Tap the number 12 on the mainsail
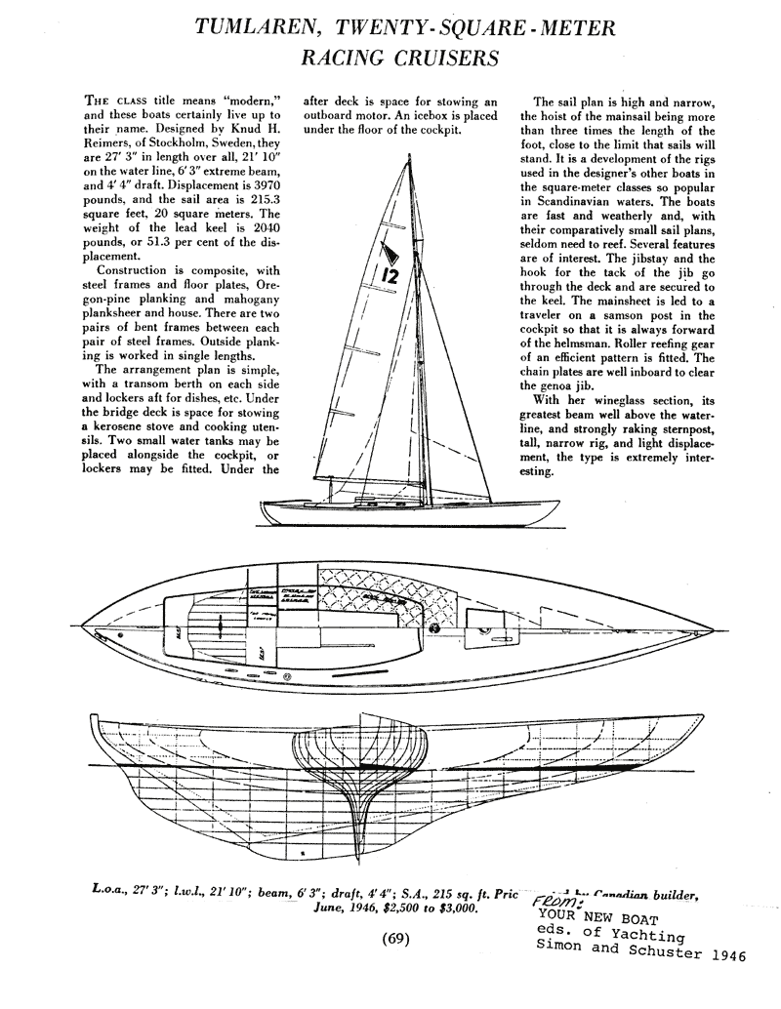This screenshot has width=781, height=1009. click(390, 274)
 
